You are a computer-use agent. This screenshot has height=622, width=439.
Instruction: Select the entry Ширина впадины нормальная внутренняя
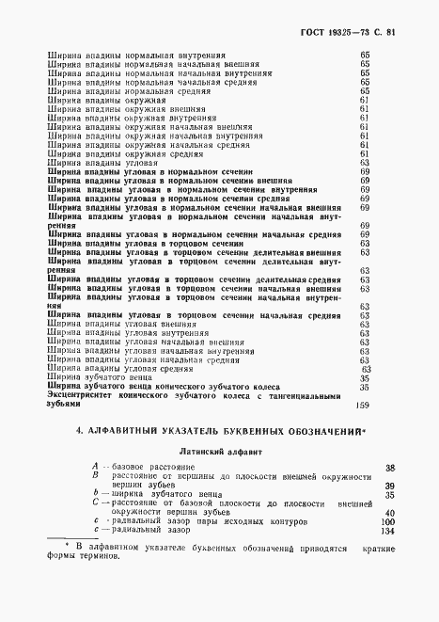(x=135, y=56)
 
